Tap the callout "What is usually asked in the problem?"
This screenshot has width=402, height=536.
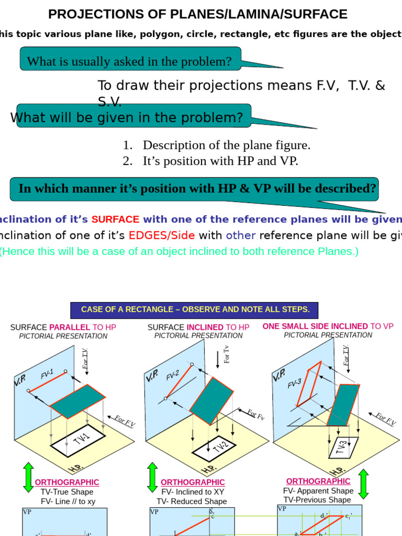tap(129, 61)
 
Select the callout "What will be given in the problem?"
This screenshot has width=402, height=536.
tap(127, 117)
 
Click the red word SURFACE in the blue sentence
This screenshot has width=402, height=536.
tap(115, 219)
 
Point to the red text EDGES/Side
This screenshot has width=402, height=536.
tap(162, 236)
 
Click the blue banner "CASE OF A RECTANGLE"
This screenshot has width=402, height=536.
tap(195, 309)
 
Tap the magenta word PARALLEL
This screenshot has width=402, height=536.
tap(70, 327)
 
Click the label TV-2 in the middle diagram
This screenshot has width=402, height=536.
tap(220, 448)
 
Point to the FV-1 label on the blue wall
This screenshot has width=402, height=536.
tap(47, 374)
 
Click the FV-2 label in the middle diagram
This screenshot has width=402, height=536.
tap(173, 375)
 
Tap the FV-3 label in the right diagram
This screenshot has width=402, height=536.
tap(295, 384)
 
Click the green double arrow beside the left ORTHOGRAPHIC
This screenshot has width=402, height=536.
tap(28, 477)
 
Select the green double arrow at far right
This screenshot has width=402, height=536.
tap(363, 484)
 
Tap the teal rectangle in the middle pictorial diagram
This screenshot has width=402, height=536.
tap(211, 401)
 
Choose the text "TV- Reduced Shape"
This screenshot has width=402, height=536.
tap(192, 501)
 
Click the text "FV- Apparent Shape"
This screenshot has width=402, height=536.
tap(318, 491)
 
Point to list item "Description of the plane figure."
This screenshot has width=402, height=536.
tap(227, 145)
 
